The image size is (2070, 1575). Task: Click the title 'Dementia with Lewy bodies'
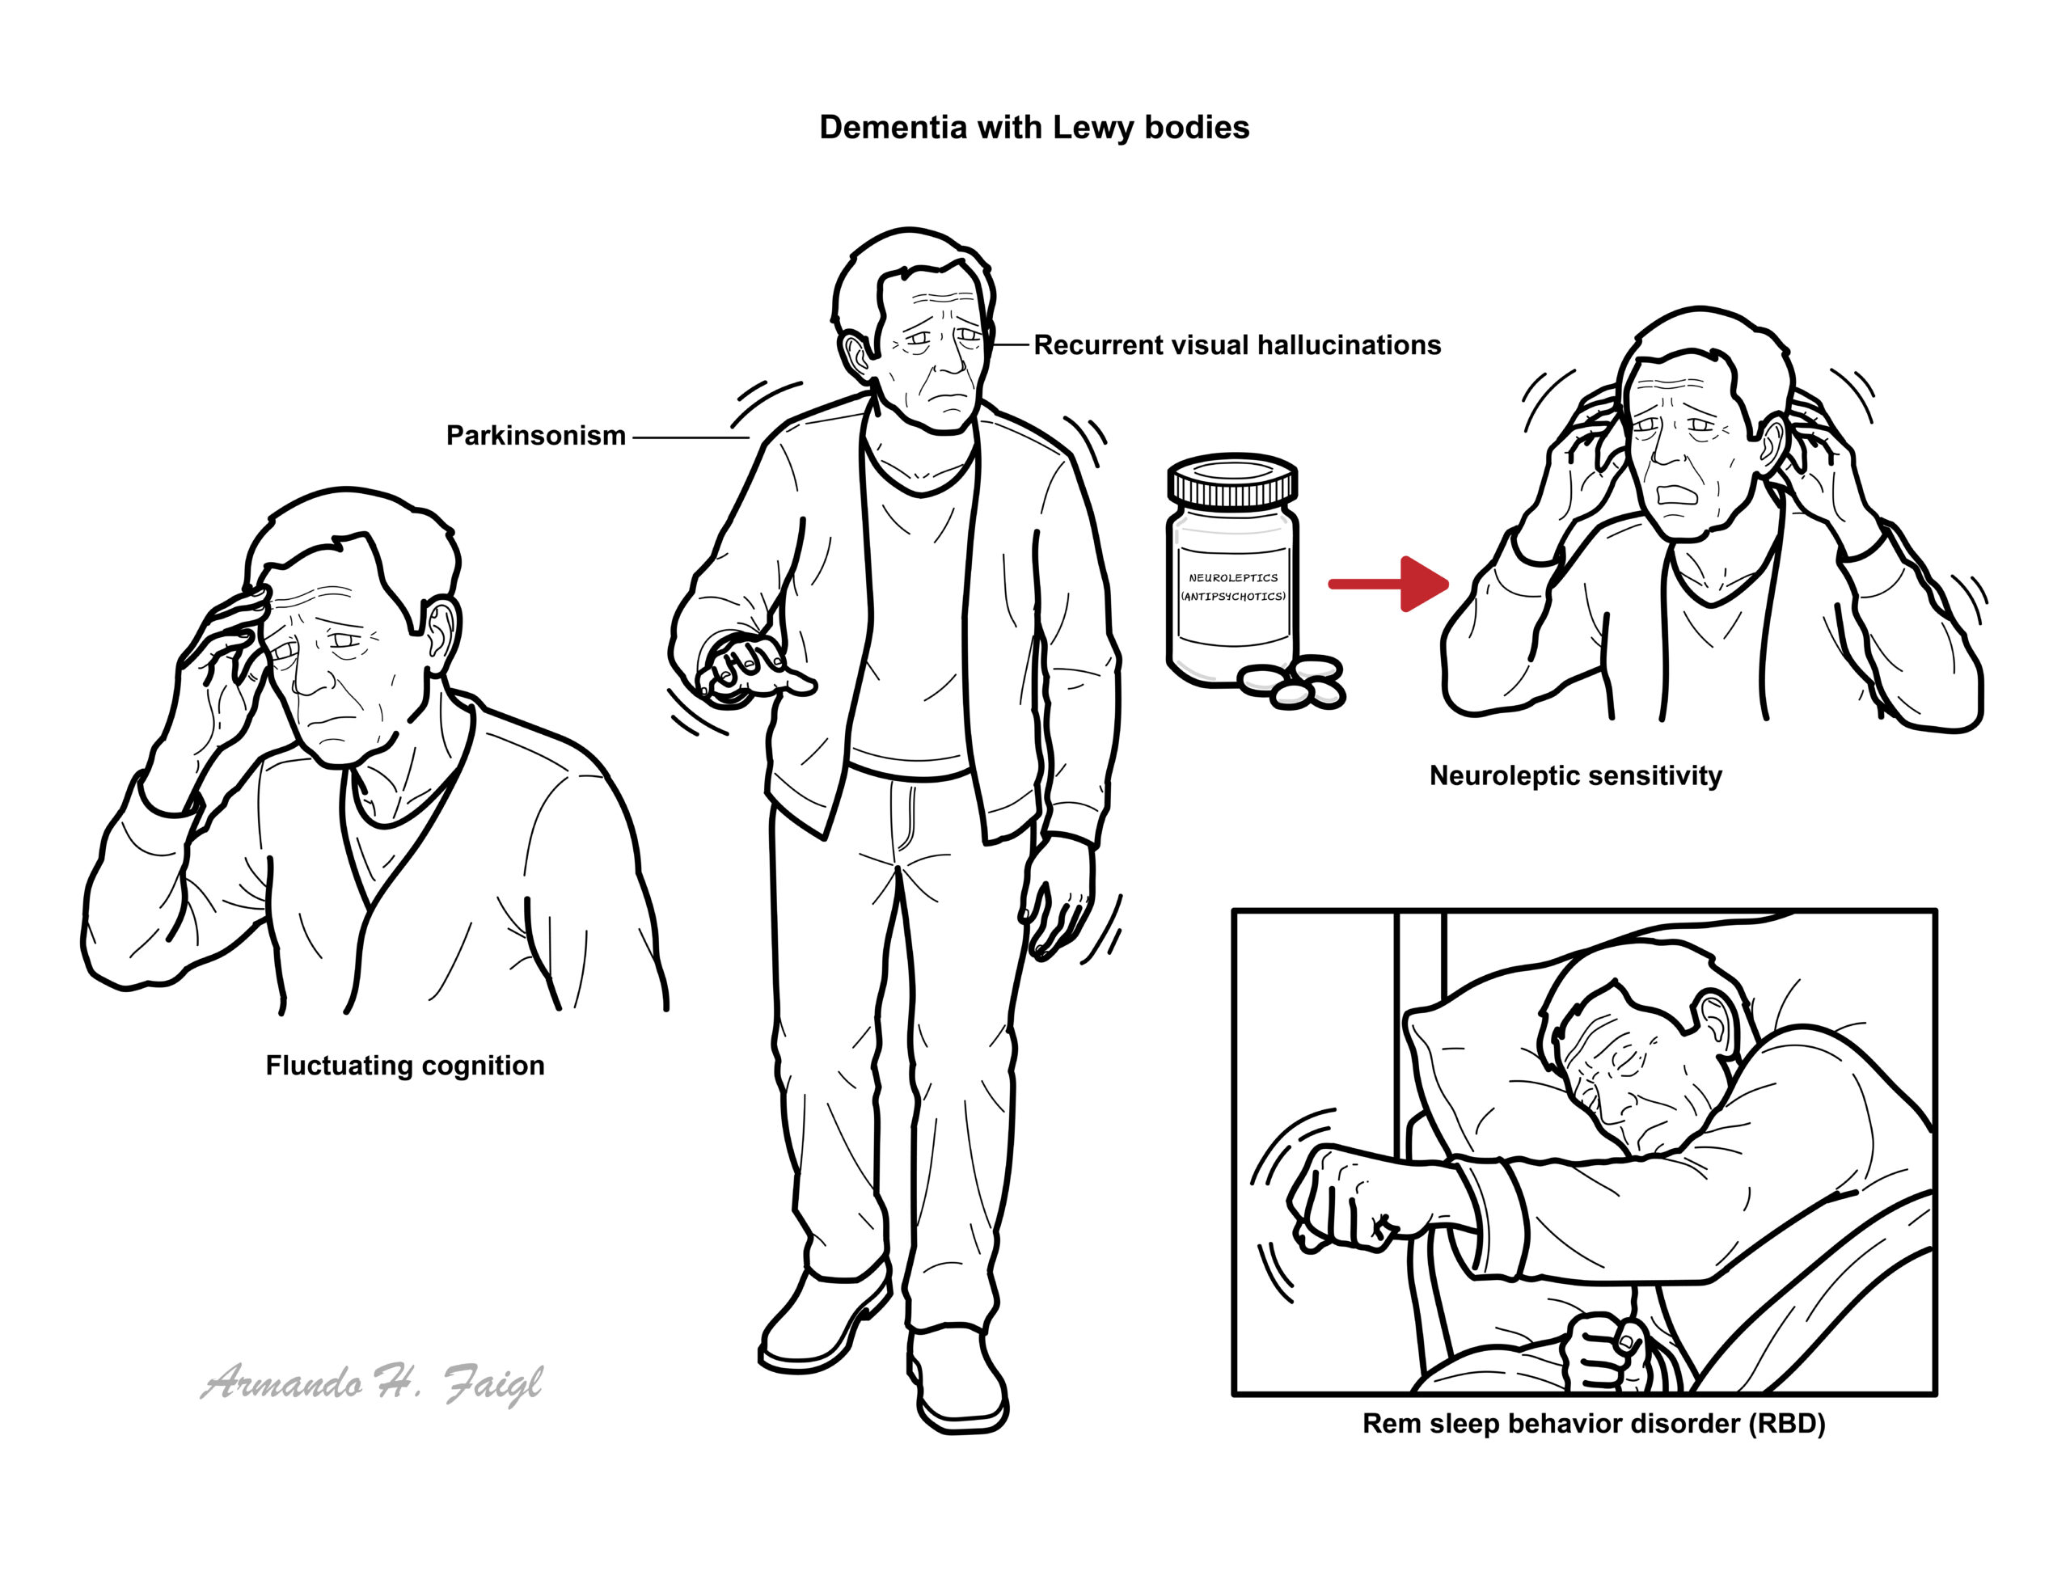click(1033, 128)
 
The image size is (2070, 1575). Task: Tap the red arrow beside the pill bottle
click(1388, 584)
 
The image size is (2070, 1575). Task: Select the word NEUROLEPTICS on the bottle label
click(1233, 577)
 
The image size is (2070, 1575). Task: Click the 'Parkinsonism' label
click(535, 436)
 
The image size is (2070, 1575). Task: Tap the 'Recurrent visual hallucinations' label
click(1236, 345)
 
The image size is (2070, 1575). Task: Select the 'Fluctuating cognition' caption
click(405, 1066)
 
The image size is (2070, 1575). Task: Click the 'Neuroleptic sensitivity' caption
click(1575, 776)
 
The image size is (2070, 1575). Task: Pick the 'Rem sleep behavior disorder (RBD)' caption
click(1594, 1424)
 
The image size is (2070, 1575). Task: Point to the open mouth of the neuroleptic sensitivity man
click(1675, 494)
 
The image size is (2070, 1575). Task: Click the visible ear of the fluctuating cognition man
click(441, 630)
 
